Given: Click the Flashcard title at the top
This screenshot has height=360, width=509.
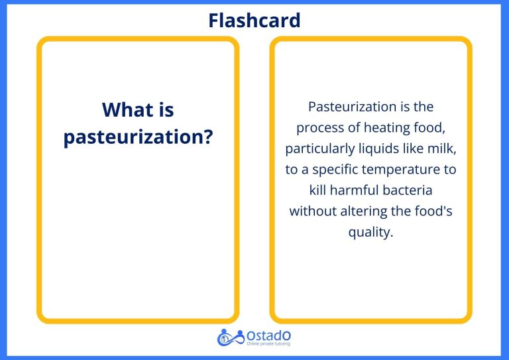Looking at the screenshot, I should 254,20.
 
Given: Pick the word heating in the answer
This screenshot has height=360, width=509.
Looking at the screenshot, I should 390,127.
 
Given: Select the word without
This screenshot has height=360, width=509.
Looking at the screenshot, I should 313,211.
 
